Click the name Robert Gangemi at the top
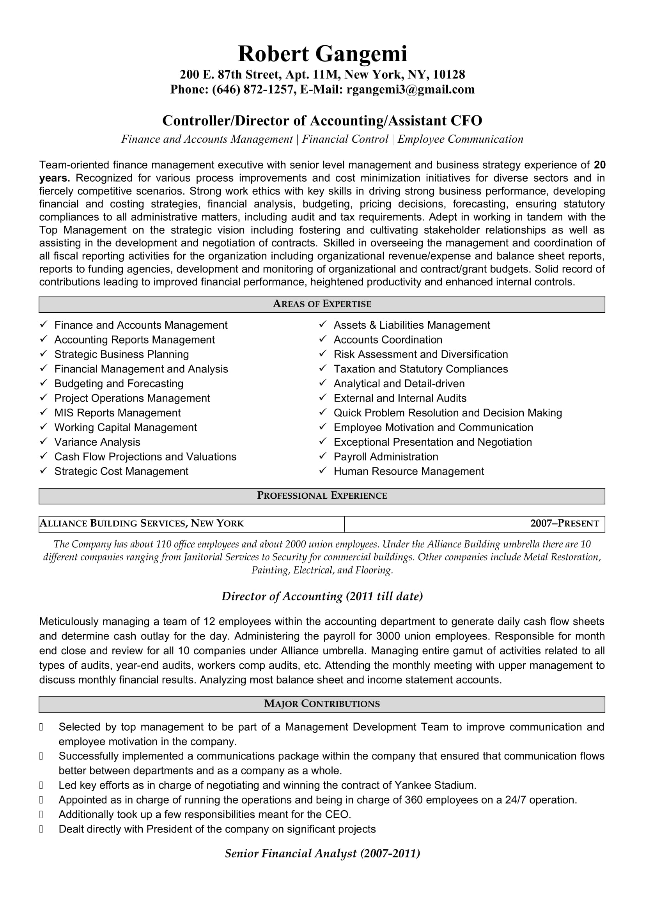coord(322,54)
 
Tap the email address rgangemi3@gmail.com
coord(410,89)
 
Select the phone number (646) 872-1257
coord(253,89)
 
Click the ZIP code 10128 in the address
coord(449,75)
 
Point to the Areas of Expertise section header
coord(322,304)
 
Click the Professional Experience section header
coord(322,496)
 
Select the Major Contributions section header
coord(322,704)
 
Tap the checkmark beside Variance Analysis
coord(44,441)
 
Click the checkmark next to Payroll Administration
coord(323,456)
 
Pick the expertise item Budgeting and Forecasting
coord(119,384)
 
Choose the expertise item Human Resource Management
coord(409,471)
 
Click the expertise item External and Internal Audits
coord(400,398)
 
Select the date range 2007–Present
coord(564,524)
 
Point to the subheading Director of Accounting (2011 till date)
coord(322,596)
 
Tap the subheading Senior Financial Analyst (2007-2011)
coord(322,854)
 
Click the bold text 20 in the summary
coord(599,165)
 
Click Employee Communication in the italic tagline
coord(460,139)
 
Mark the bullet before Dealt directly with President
coord(41,829)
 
